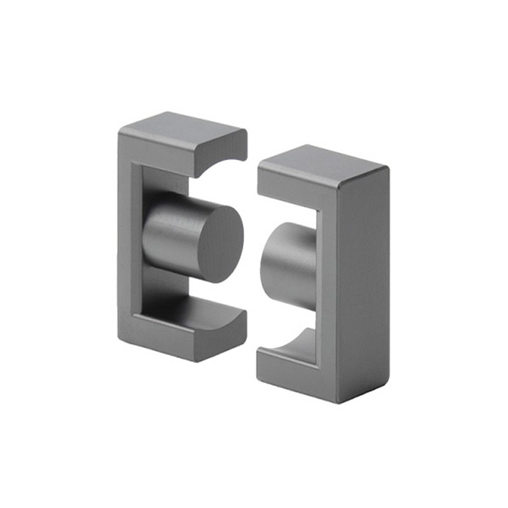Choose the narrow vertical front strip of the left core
tap(126, 241)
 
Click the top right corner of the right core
tap(388, 168)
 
